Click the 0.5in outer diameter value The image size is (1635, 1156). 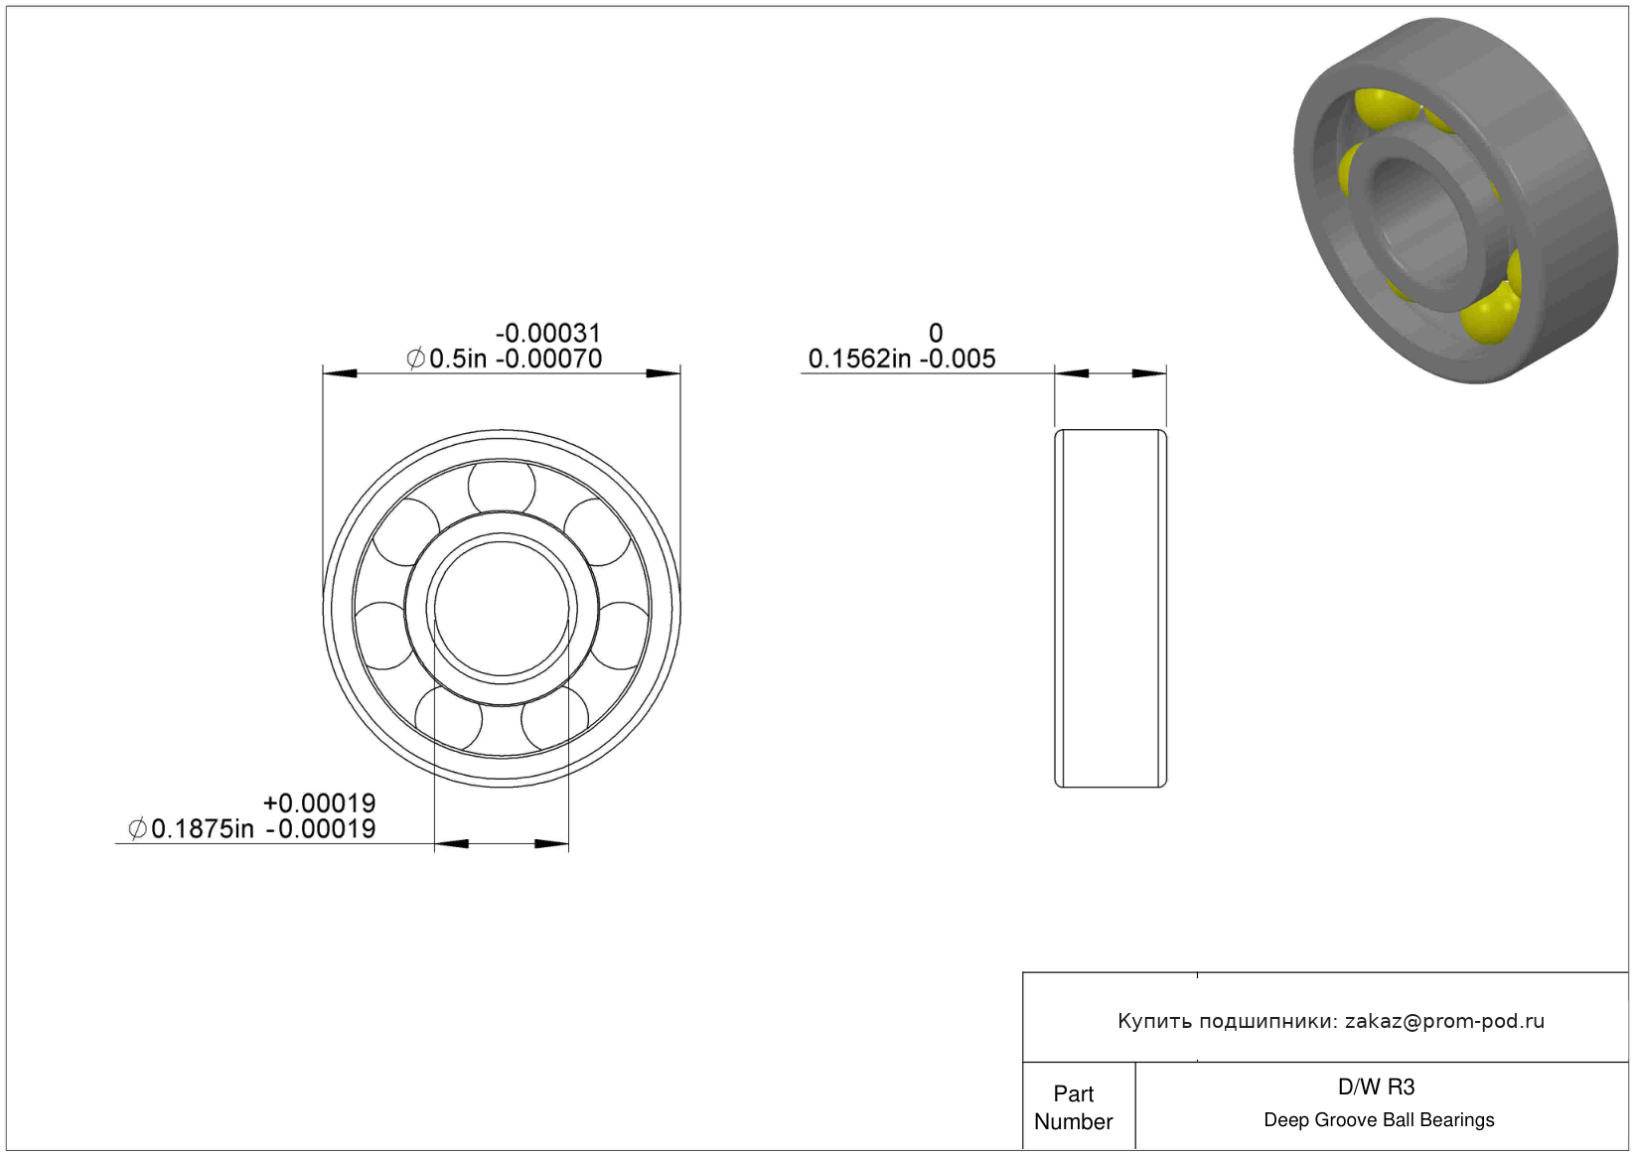pyautogui.click(x=458, y=359)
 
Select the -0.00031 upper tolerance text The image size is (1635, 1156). pyautogui.click(x=548, y=333)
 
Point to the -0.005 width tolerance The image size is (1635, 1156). pyautogui.click(x=958, y=359)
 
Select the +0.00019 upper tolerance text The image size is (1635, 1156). pyautogui.click(x=320, y=802)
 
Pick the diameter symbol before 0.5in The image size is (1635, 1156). pyautogui.click(x=415, y=359)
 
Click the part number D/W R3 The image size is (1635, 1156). pyautogui.click(x=1376, y=1087)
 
